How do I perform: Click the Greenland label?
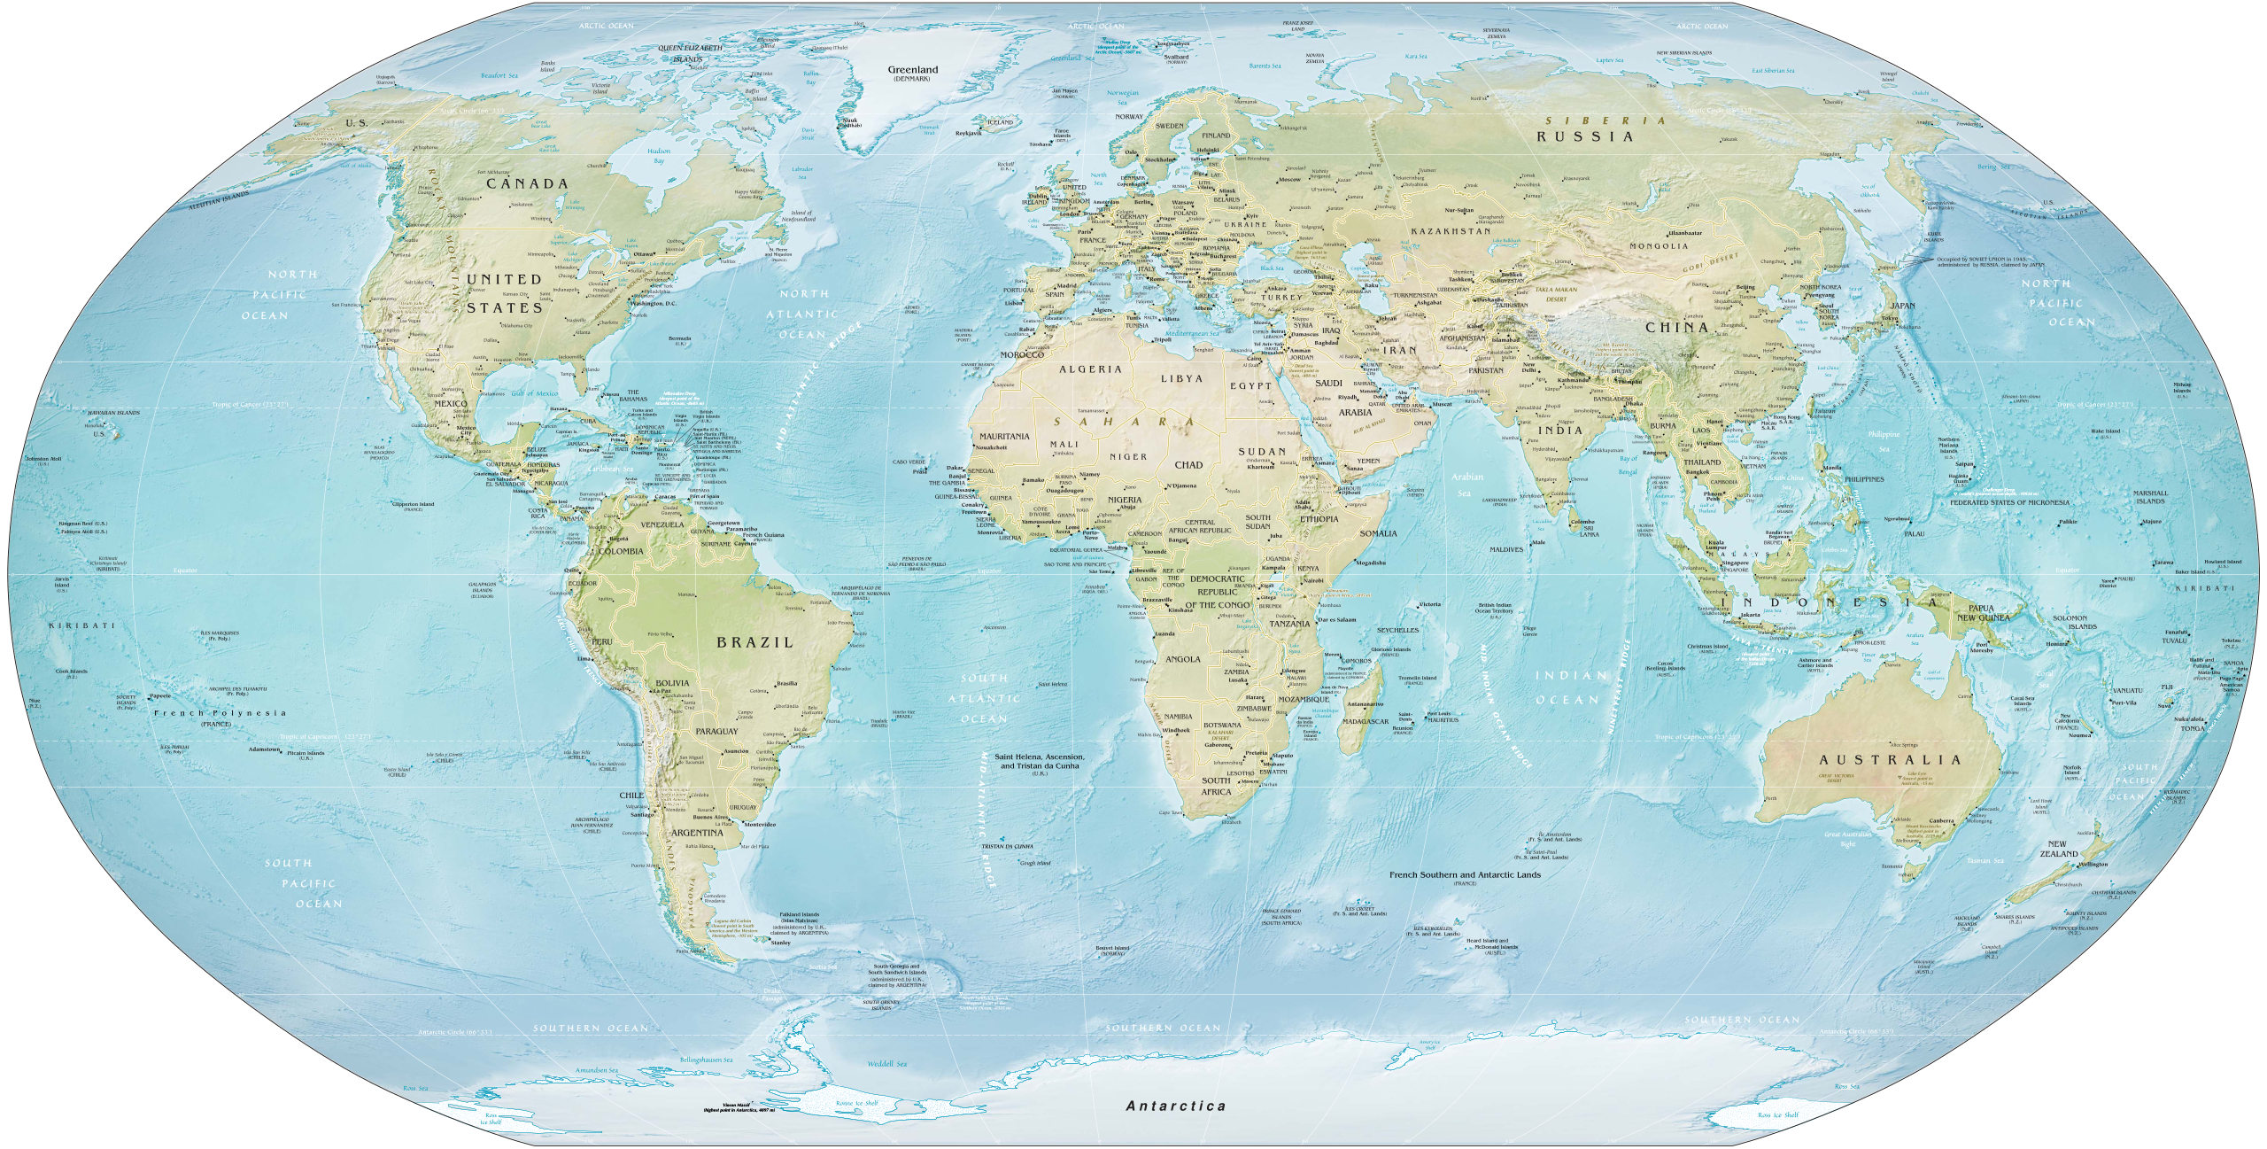pyautogui.click(x=913, y=69)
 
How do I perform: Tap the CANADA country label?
pyautogui.click(x=527, y=183)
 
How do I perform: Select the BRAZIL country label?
pyautogui.click(x=754, y=642)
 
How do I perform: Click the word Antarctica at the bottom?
pyautogui.click(x=1175, y=1106)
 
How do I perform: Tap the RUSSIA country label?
pyautogui.click(x=1584, y=136)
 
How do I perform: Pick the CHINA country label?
pyautogui.click(x=1676, y=327)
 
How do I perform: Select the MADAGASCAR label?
pyautogui.click(x=1364, y=721)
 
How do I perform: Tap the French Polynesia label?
pyautogui.click(x=219, y=712)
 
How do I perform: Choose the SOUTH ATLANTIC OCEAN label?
pyautogui.click(x=990, y=697)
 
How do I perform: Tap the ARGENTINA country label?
pyautogui.click(x=697, y=834)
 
